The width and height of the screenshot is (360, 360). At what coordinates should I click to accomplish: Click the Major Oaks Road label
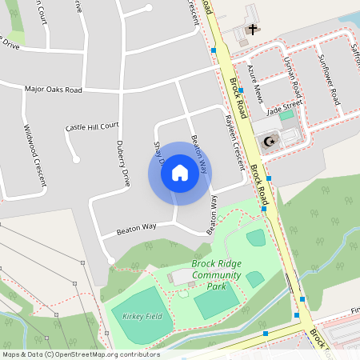54,90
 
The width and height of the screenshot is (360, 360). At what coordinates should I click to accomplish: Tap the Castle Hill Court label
92,126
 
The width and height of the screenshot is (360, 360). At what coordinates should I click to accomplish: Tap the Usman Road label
292,74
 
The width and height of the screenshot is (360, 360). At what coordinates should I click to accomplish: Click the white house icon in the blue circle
180,173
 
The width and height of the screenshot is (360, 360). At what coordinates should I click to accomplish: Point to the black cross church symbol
253,30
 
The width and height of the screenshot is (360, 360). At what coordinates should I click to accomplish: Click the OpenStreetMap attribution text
81,354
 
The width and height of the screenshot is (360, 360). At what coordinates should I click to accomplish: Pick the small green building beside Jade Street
286,115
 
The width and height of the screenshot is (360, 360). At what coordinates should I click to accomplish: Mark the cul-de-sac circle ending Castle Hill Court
77,159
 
